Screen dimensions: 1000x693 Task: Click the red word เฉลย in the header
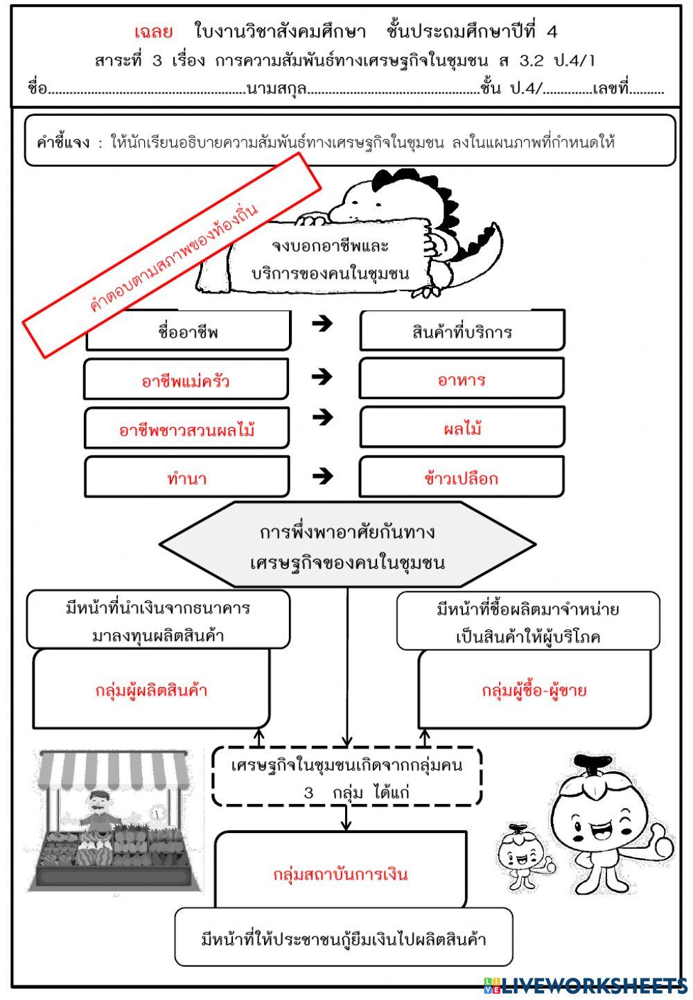(153, 31)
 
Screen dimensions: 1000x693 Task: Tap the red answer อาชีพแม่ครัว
(186, 381)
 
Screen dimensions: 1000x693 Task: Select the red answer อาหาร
(462, 380)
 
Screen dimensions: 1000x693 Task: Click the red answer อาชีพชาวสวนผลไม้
(186, 430)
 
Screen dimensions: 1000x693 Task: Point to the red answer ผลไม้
(462, 429)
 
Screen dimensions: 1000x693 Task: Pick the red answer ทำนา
(186, 478)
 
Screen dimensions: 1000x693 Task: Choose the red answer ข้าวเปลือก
(461, 478)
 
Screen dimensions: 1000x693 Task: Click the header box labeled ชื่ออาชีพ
(188, 332)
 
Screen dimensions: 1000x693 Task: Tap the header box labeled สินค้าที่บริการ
(462, 332)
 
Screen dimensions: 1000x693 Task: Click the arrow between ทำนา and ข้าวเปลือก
(322, 476)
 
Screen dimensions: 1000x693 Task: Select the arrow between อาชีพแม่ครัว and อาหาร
(322, 377)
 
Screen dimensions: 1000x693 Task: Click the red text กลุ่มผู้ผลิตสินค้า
(151, 690)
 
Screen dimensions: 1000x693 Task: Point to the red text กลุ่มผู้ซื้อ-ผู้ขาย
(534, 690)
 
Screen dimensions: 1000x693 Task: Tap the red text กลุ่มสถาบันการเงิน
(340, 874)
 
